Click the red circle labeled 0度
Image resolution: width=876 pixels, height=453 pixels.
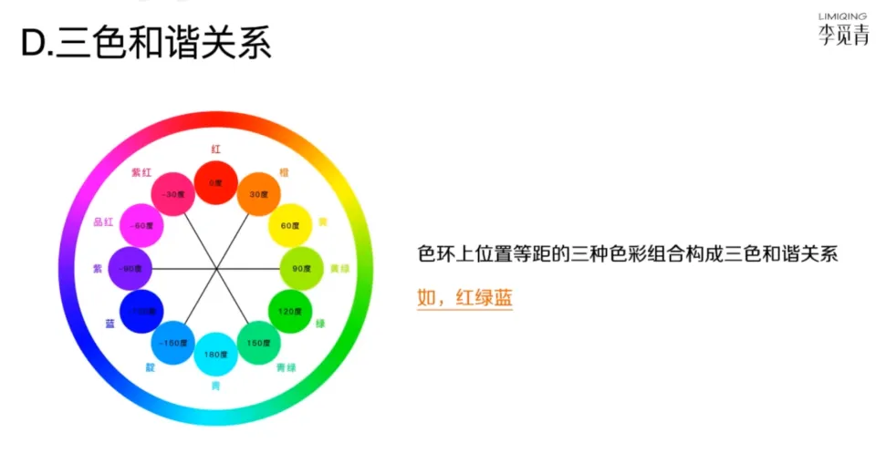coord(215,182)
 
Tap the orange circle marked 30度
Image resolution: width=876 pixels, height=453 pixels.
coord(259,194)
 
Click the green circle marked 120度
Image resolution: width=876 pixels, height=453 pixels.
coord(289,312)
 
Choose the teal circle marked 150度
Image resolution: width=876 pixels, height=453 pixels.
coord(259,343)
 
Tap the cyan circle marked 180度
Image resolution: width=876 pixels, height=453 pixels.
coord(215,355)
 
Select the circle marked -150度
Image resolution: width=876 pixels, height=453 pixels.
coord(172,343)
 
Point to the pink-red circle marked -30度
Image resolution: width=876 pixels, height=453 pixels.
coord(172,194)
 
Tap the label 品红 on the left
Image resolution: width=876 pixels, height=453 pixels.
coord(103,221)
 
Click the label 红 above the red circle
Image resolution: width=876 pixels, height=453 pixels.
coord(216,148)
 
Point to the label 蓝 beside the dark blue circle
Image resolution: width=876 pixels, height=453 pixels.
coord(109,323)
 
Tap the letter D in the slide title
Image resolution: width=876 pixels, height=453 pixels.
coord(33,44)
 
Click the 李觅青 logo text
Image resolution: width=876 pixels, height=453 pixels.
coord(842,36)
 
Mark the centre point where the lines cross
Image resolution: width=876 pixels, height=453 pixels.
coord(215,269)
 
